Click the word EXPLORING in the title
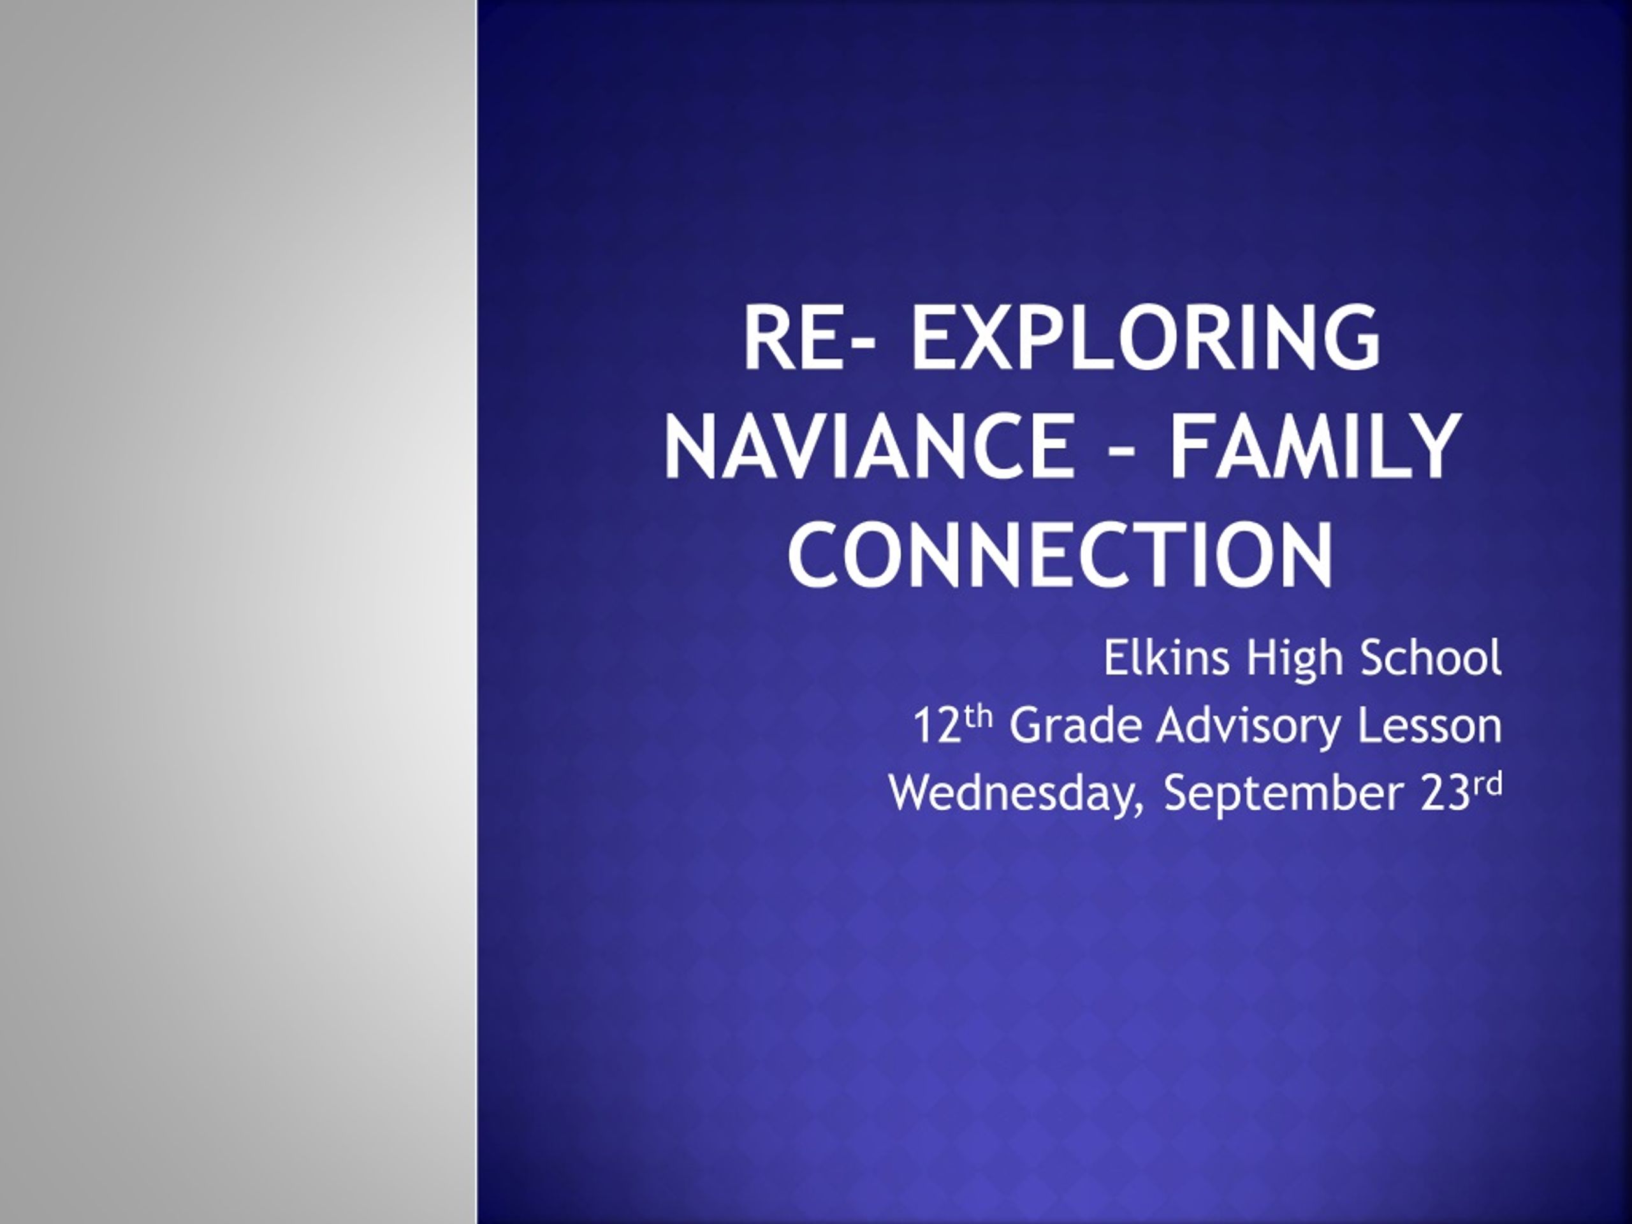[1144, 339]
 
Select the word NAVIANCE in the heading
[868, 446]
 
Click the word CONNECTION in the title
[1061, 555]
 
